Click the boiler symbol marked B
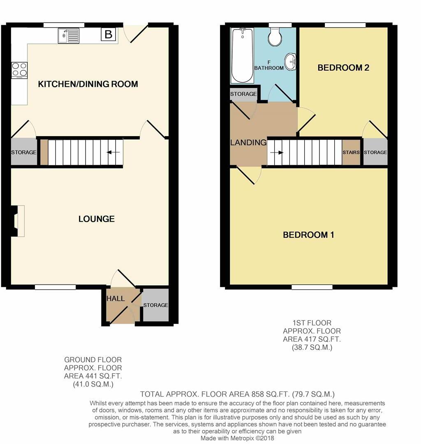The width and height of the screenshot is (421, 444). click(x=109, y=35)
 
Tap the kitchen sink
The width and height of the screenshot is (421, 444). click(x=68, y=36)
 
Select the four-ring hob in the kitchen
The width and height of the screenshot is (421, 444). click(x=19, y=70)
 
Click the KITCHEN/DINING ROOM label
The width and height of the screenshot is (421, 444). click(x=88, y=84)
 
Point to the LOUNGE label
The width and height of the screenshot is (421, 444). click(x=97, y=219)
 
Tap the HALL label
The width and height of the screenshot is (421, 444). click(x=116, y=298)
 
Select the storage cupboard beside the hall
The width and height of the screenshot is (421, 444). click(x=155, y=305)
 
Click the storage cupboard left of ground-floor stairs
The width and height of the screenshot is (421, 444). click(x=23, y=153)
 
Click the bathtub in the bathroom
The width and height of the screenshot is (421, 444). click(x=242, y=55)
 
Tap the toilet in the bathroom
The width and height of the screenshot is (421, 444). click(x=274, y=37)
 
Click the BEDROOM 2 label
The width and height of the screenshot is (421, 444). click(x=343, y=68)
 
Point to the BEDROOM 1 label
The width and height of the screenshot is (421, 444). click(x=308, y=235)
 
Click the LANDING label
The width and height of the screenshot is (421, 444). click(x=248, y=143)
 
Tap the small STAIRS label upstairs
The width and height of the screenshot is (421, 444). click(x=351, y=153)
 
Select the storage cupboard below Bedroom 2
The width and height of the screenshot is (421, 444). click(x=375, y=153)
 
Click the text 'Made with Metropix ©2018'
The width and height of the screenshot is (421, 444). click(x=237, y=438)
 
